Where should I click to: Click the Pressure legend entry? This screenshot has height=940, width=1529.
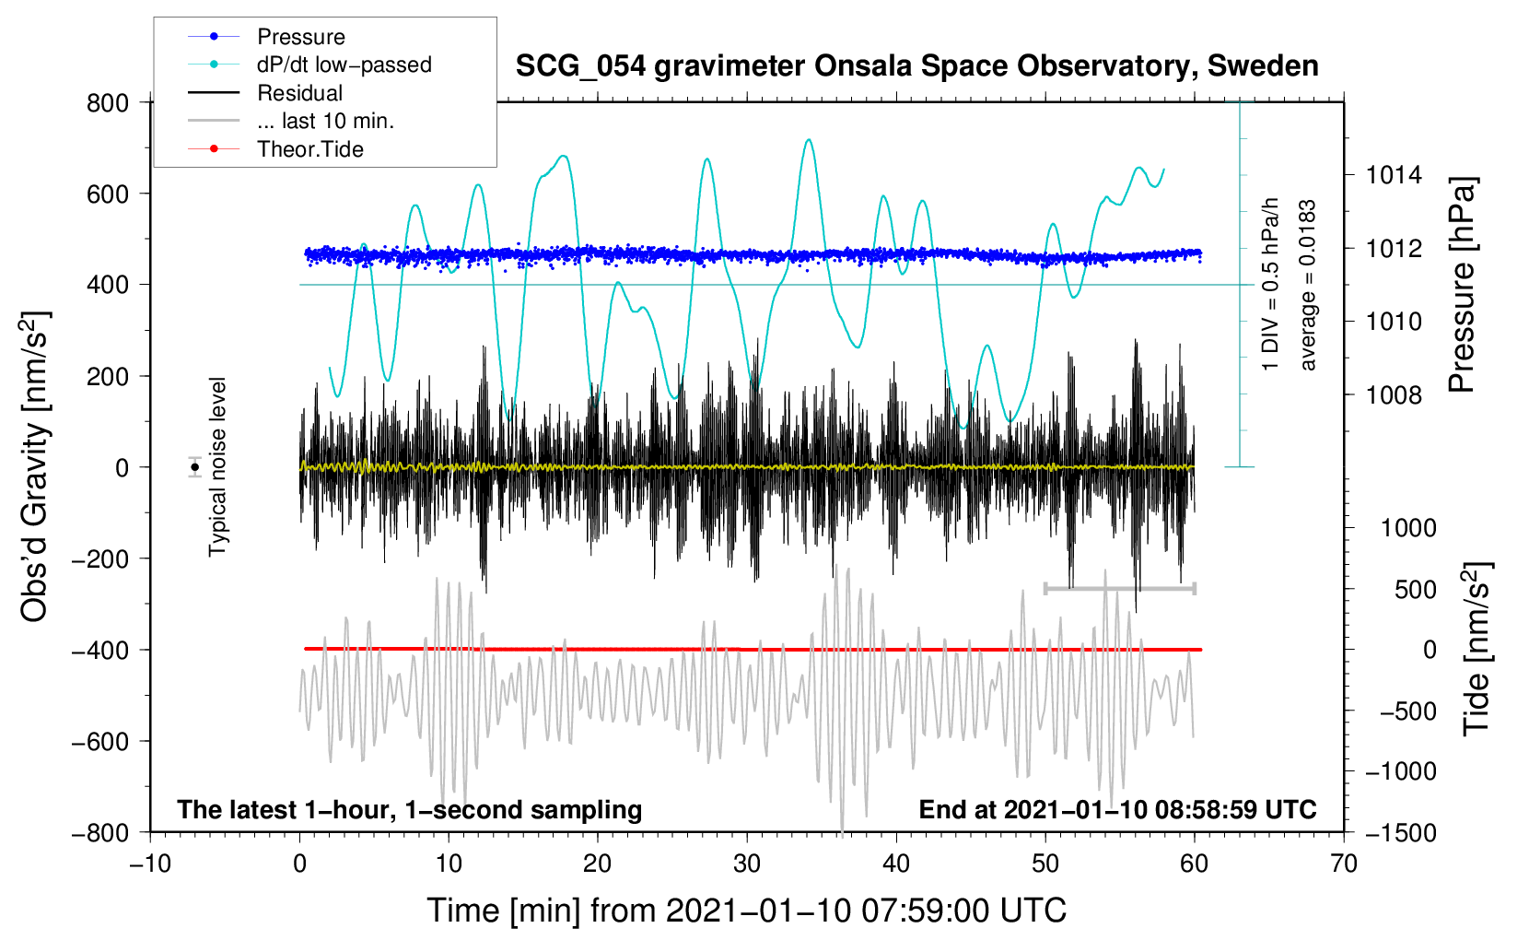point(300,37)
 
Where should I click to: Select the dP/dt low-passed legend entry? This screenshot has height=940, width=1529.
point(344,65)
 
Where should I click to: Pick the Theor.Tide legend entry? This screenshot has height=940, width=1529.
point(309,149)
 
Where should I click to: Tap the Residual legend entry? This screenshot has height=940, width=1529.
point(299,93)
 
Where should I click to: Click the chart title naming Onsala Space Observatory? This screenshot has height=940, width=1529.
point(916,66)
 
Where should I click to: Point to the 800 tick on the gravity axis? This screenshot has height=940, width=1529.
point(108,102)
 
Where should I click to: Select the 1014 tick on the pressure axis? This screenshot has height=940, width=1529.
point(1394,175)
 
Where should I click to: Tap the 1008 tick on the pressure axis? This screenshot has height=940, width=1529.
point(1394,395)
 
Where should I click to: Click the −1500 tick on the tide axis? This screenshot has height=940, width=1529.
point(1400,832)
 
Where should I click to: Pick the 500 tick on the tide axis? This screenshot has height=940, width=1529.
point(1415,589)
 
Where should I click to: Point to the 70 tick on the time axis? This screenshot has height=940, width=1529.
point(1344,864)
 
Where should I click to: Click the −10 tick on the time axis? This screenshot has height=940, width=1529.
point(150,864)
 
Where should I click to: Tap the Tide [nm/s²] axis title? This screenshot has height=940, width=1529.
point(1476,648)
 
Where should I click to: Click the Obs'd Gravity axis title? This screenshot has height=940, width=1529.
point(35,466)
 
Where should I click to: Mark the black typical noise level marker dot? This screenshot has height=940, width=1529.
point(195,467)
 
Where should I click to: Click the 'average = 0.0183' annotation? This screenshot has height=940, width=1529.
point(1307,285)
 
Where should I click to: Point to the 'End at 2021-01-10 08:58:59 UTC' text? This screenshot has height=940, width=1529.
point(1117,809)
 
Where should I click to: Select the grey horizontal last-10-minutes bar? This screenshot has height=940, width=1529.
point(1119,588)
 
